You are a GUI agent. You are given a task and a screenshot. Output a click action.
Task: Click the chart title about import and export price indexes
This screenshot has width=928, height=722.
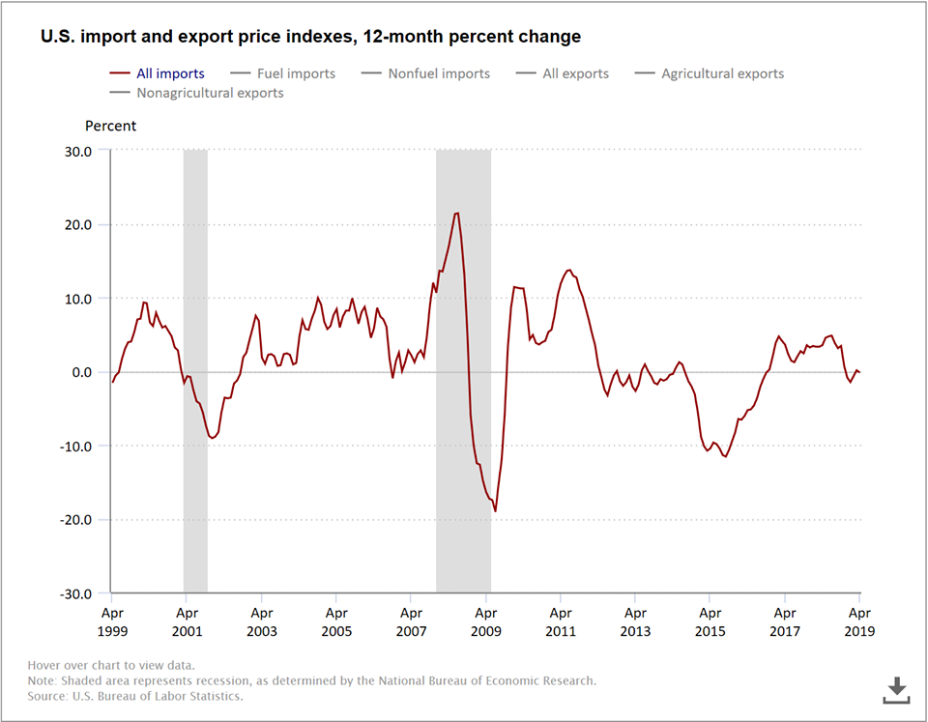(310, 37)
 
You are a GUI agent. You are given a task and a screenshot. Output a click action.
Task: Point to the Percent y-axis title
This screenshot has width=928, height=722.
(111, 126)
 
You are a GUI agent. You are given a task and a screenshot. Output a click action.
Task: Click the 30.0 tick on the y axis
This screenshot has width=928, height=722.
(78, 151)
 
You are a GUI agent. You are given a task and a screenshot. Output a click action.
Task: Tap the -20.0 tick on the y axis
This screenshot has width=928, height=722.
(76, 519)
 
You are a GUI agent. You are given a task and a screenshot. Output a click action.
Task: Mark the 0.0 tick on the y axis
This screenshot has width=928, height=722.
(82, 372)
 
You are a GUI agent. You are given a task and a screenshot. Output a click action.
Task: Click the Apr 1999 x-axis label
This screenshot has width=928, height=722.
(112, 621)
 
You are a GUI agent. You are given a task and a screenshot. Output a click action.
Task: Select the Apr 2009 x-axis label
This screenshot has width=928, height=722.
(485, 621)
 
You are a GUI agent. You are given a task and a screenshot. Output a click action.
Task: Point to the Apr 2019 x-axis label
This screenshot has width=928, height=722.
(859, 621)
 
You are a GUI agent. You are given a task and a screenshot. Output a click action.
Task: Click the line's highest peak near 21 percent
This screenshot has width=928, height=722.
(456, 214)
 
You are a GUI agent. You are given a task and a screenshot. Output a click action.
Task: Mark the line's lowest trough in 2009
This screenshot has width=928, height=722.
(495, 510)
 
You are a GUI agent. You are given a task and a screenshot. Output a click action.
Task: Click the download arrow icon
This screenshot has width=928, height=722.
(897, 690)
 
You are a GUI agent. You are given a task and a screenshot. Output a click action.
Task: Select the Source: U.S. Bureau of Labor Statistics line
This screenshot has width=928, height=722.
(135, 696)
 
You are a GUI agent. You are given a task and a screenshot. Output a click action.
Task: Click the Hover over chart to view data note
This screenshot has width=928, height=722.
(111, 665)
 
